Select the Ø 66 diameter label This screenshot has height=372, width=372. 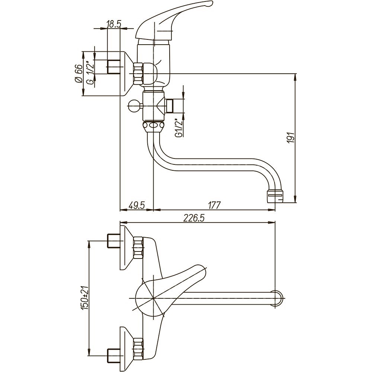(x=78, y=74)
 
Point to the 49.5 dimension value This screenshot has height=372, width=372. (x=137, y=205)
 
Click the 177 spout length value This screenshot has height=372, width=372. (x=214, y=205)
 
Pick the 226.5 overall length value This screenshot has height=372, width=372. (x=193, y=218)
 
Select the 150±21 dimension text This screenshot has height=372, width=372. (x=85, y=298)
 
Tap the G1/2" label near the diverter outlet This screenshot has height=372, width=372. (x=179, y=128)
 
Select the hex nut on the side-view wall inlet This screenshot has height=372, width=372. (x=138, y=74)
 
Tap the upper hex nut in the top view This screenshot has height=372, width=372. (x=138, y=248)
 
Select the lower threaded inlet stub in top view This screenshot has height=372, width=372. (x=113, y=355)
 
